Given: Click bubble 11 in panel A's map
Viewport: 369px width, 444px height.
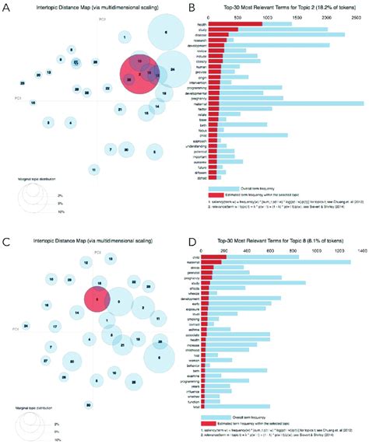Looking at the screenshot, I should (x=93, y=169).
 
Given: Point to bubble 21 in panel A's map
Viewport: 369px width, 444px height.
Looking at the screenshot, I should (x=119, y=110).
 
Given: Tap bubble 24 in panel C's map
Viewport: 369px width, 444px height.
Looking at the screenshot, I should (x=26, y=325).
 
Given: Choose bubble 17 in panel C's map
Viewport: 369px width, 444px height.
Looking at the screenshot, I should (x=55, y=326).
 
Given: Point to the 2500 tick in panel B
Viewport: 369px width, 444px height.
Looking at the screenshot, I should (x=357, y=16).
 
